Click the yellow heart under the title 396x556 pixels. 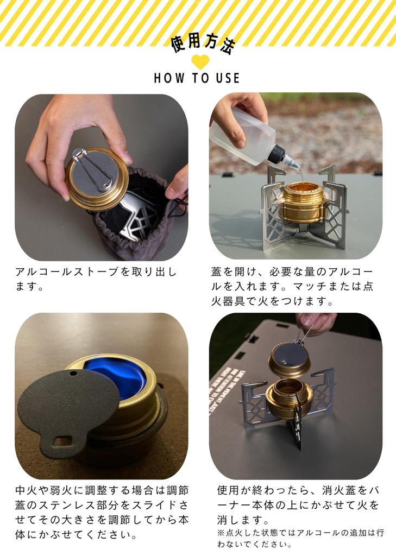(x=200, y=61)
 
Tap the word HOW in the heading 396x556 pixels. (x=165, y=78)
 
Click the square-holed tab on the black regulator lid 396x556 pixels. (x=60, y=440)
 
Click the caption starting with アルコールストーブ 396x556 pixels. (x=96, y=279)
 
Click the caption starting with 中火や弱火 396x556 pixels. (x=102, y=513)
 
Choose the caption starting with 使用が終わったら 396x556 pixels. (x=298, y=504)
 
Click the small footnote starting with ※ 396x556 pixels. (x=300, y=538)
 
